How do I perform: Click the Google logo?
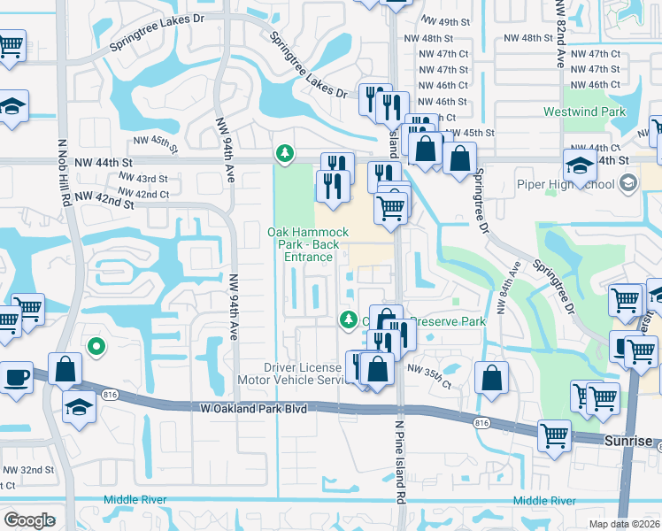30,520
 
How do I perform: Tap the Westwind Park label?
584,112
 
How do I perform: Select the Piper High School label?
566,185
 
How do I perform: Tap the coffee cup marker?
15,377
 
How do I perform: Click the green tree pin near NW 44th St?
284,154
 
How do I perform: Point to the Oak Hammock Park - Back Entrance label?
301,244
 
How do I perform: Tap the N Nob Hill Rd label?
64,184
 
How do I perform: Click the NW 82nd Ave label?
560,35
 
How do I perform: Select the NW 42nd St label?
104,199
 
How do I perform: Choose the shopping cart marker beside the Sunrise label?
555,435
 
